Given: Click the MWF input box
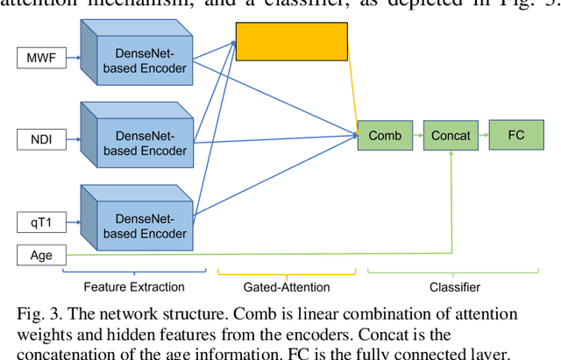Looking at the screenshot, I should tap(37, 59).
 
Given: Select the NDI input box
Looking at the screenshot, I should tap(37, 139).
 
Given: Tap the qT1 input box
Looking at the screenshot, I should tap(37, 223).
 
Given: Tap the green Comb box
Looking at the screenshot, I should tap(385, 135).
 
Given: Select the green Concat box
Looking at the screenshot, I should tap(451, 135).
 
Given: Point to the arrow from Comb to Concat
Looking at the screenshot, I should tap(417, 135).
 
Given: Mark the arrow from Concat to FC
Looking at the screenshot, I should tap(481, 135).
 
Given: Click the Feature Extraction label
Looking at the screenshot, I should tap(134, 286).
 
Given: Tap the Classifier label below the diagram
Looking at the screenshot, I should tap(455, 286).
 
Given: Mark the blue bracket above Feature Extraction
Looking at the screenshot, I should tap(134, 272).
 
